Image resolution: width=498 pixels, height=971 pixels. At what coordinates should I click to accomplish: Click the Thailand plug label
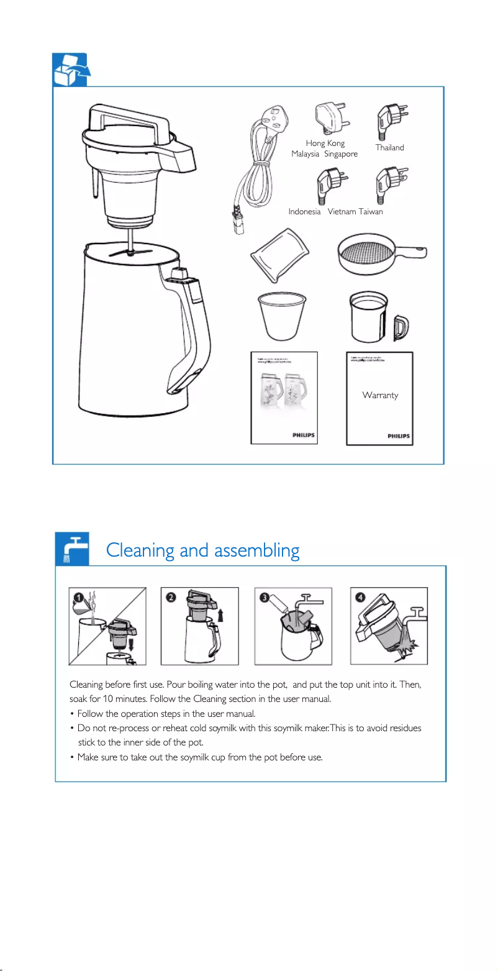coord(389,148)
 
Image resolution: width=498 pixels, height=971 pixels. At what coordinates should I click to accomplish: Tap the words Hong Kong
coord(325,144)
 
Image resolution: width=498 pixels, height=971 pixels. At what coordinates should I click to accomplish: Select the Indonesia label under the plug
coord(304,212)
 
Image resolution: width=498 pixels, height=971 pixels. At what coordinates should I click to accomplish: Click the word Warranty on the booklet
coord(380,395)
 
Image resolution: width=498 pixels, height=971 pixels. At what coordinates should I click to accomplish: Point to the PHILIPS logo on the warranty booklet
coord(398,437)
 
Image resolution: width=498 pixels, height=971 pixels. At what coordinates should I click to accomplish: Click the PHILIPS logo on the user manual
coord(304,435)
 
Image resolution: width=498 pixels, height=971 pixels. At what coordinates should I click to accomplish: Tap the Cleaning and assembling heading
coord(202,550)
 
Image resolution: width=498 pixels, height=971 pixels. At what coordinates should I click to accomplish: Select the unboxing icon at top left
coord(70,70)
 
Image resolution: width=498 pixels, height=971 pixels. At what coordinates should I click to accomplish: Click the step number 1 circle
coord(78,597)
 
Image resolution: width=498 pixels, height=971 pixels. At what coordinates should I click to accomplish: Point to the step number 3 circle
coord(265,598)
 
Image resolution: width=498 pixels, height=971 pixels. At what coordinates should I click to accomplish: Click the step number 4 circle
coord(360,598)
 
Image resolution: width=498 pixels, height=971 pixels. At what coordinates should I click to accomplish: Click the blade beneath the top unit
coord(131,252)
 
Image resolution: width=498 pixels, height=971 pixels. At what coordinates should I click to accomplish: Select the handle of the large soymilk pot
coord(190,329)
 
